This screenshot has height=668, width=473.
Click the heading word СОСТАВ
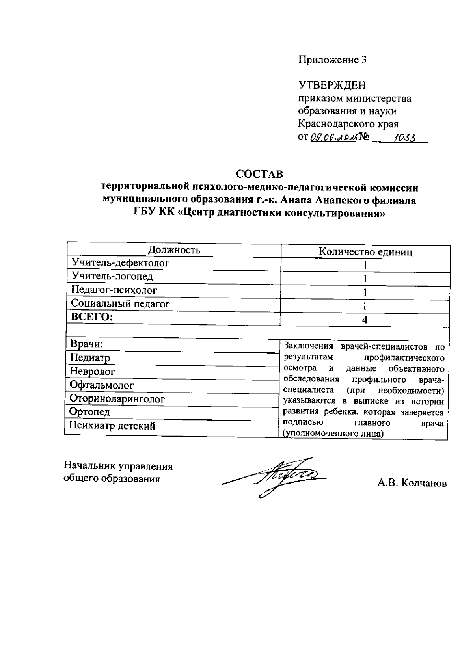coord(259,173)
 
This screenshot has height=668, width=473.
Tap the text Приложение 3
coord(333,60)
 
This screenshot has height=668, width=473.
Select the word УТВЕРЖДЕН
coord(332,85)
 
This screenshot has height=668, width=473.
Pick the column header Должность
coord(174,250)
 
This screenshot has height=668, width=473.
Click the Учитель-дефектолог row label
coord(120,263)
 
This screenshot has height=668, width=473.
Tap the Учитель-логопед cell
coord(112,276)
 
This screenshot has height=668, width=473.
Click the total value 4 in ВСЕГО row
coord(365,320)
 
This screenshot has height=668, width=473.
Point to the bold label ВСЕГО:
coord(91,317)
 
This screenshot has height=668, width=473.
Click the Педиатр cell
coord(90,358)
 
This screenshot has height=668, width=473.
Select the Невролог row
coord(93,371)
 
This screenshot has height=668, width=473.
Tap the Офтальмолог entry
coord(102,385)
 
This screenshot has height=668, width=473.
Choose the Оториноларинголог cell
coord(117,399)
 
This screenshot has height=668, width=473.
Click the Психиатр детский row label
coord(112,426)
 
